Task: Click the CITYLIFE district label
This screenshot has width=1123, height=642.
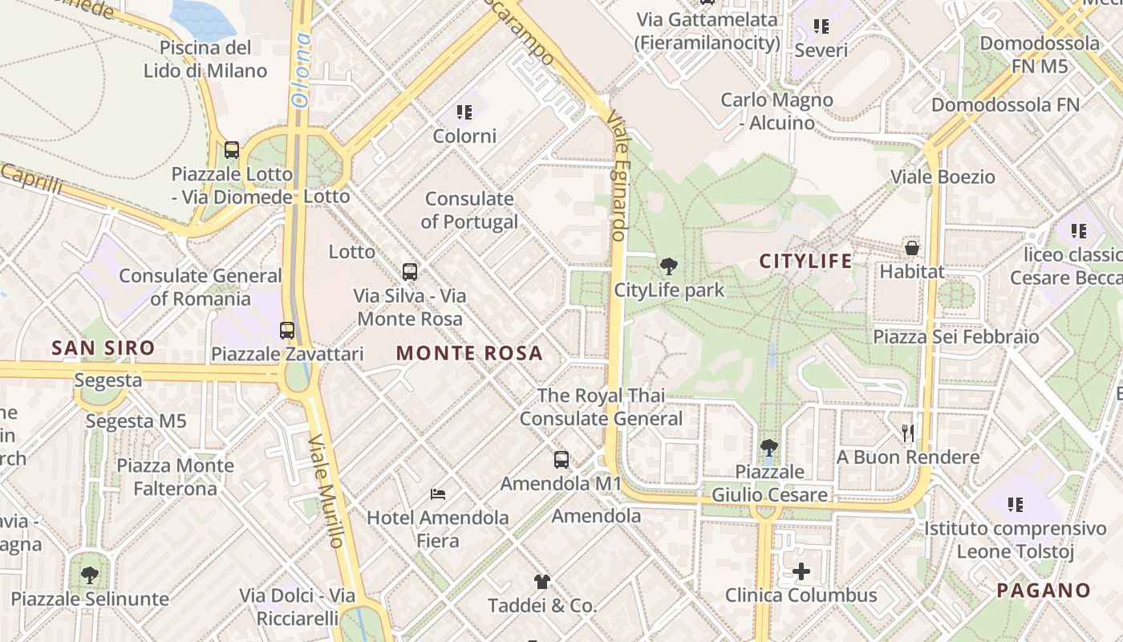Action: pyautogui.click(x=805, y=261)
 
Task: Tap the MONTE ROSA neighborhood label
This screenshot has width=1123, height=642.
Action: pyautogui.click(x=469, y=353)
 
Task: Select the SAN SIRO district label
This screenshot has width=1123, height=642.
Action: pyautogui.click(x=103, y=347)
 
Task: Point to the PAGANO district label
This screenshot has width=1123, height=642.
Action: pyautogui.click(x=1044, y=591)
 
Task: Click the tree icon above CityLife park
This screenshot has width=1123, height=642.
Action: pyautogui.click(x=668, y=266)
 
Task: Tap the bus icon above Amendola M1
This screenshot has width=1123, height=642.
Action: pyautogui.click(x=561, y=460)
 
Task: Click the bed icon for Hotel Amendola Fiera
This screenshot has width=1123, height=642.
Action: pyautogui.click(x=438, y=494)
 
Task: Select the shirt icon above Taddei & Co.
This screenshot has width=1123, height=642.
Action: pyautogui.click(x=542, y=582)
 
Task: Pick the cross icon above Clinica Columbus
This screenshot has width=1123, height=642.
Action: pyautogui.click(x=801, y=571)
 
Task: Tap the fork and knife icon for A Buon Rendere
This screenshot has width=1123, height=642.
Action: pyautogui.click(x=908, y=433)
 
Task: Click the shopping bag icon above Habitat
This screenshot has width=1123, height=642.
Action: pyautogui.click(x=912, y=247)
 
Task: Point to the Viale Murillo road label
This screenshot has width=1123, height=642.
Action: pyautogui.click(x=327, y=491)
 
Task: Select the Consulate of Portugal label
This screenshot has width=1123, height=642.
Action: pyautogui.click(x=469, y=210)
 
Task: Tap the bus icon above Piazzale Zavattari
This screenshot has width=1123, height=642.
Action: pyautogui.click(x=287, y=330)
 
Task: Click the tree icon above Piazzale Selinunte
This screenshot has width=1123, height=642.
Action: pyautogui.click(x=90, y=575)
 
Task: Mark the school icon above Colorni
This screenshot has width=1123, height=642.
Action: pyautogui.click(x=464, y=112)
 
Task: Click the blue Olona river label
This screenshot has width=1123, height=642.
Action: pyautogui.click(x=301, y=70)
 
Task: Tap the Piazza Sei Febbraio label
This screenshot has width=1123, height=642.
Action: pyautogui.click(x=955, y=336)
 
